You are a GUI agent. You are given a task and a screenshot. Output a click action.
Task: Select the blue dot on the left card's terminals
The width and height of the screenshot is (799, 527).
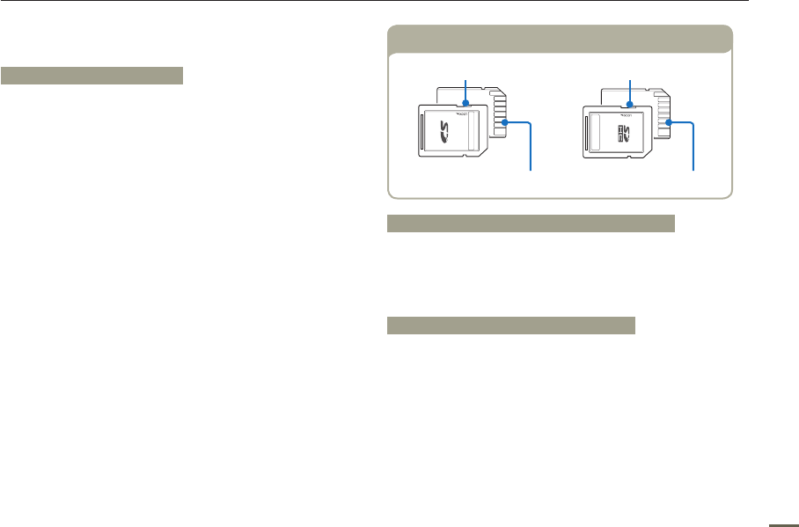coord(506,125)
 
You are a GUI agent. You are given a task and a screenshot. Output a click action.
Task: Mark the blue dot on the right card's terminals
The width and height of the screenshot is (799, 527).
coord(670,124)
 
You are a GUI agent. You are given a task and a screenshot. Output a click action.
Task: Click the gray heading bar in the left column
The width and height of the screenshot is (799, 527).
coord(92,75)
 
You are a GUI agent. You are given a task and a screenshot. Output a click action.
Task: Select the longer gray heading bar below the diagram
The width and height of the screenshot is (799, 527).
coord(531,223)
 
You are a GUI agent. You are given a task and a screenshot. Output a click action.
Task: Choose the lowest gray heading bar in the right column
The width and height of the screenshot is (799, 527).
coord(511,326)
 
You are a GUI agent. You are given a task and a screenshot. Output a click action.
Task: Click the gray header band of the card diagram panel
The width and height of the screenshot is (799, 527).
coord(560,40)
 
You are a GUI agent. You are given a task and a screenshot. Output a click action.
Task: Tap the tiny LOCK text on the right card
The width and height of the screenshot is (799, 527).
coord(627,114)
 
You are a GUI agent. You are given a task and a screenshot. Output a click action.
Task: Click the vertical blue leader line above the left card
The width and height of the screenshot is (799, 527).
coord(465,89)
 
